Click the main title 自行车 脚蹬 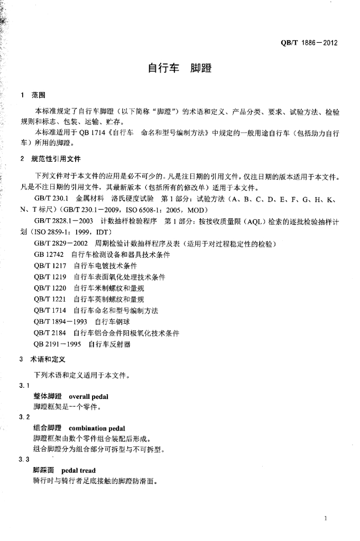pos(179,69)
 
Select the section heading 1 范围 pos(33,96)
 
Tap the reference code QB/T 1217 pos(50,266)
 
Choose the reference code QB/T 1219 pos(50,277)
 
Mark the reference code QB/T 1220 pos(50,288)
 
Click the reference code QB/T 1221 pos(50,300)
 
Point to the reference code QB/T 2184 pos(50,333)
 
